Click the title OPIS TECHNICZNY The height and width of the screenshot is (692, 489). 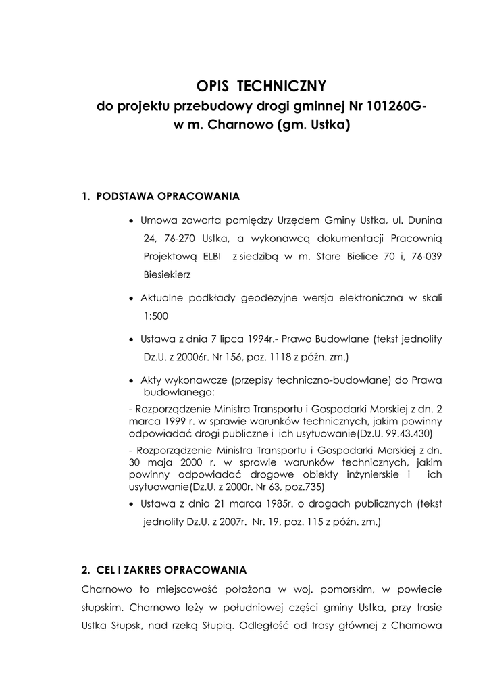[261, 86]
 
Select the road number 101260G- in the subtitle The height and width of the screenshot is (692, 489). [388, 106]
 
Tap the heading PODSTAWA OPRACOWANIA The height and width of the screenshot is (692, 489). [168, 197]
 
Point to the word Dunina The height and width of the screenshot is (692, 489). [422, 220]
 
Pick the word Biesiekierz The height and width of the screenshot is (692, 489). [167, 275]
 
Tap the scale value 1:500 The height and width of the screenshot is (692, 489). [156, 316]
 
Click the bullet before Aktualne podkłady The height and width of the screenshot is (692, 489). [131, 299]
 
